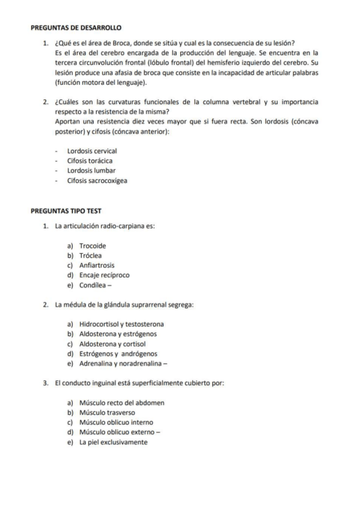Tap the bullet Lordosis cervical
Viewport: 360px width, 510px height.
(92, 151)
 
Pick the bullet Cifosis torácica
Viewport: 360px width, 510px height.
(90, 161)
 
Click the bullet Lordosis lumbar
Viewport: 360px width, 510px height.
(91, 170)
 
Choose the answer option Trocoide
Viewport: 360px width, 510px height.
(93, 245)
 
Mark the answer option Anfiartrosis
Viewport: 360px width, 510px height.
(97, 265)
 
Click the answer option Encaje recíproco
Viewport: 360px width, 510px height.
(104, 275)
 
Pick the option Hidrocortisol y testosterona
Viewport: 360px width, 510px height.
(121, 324)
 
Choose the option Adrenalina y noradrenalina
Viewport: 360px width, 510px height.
(123, 363)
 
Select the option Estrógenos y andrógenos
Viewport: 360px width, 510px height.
(118, 354)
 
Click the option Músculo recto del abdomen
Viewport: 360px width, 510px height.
(121, 402)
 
